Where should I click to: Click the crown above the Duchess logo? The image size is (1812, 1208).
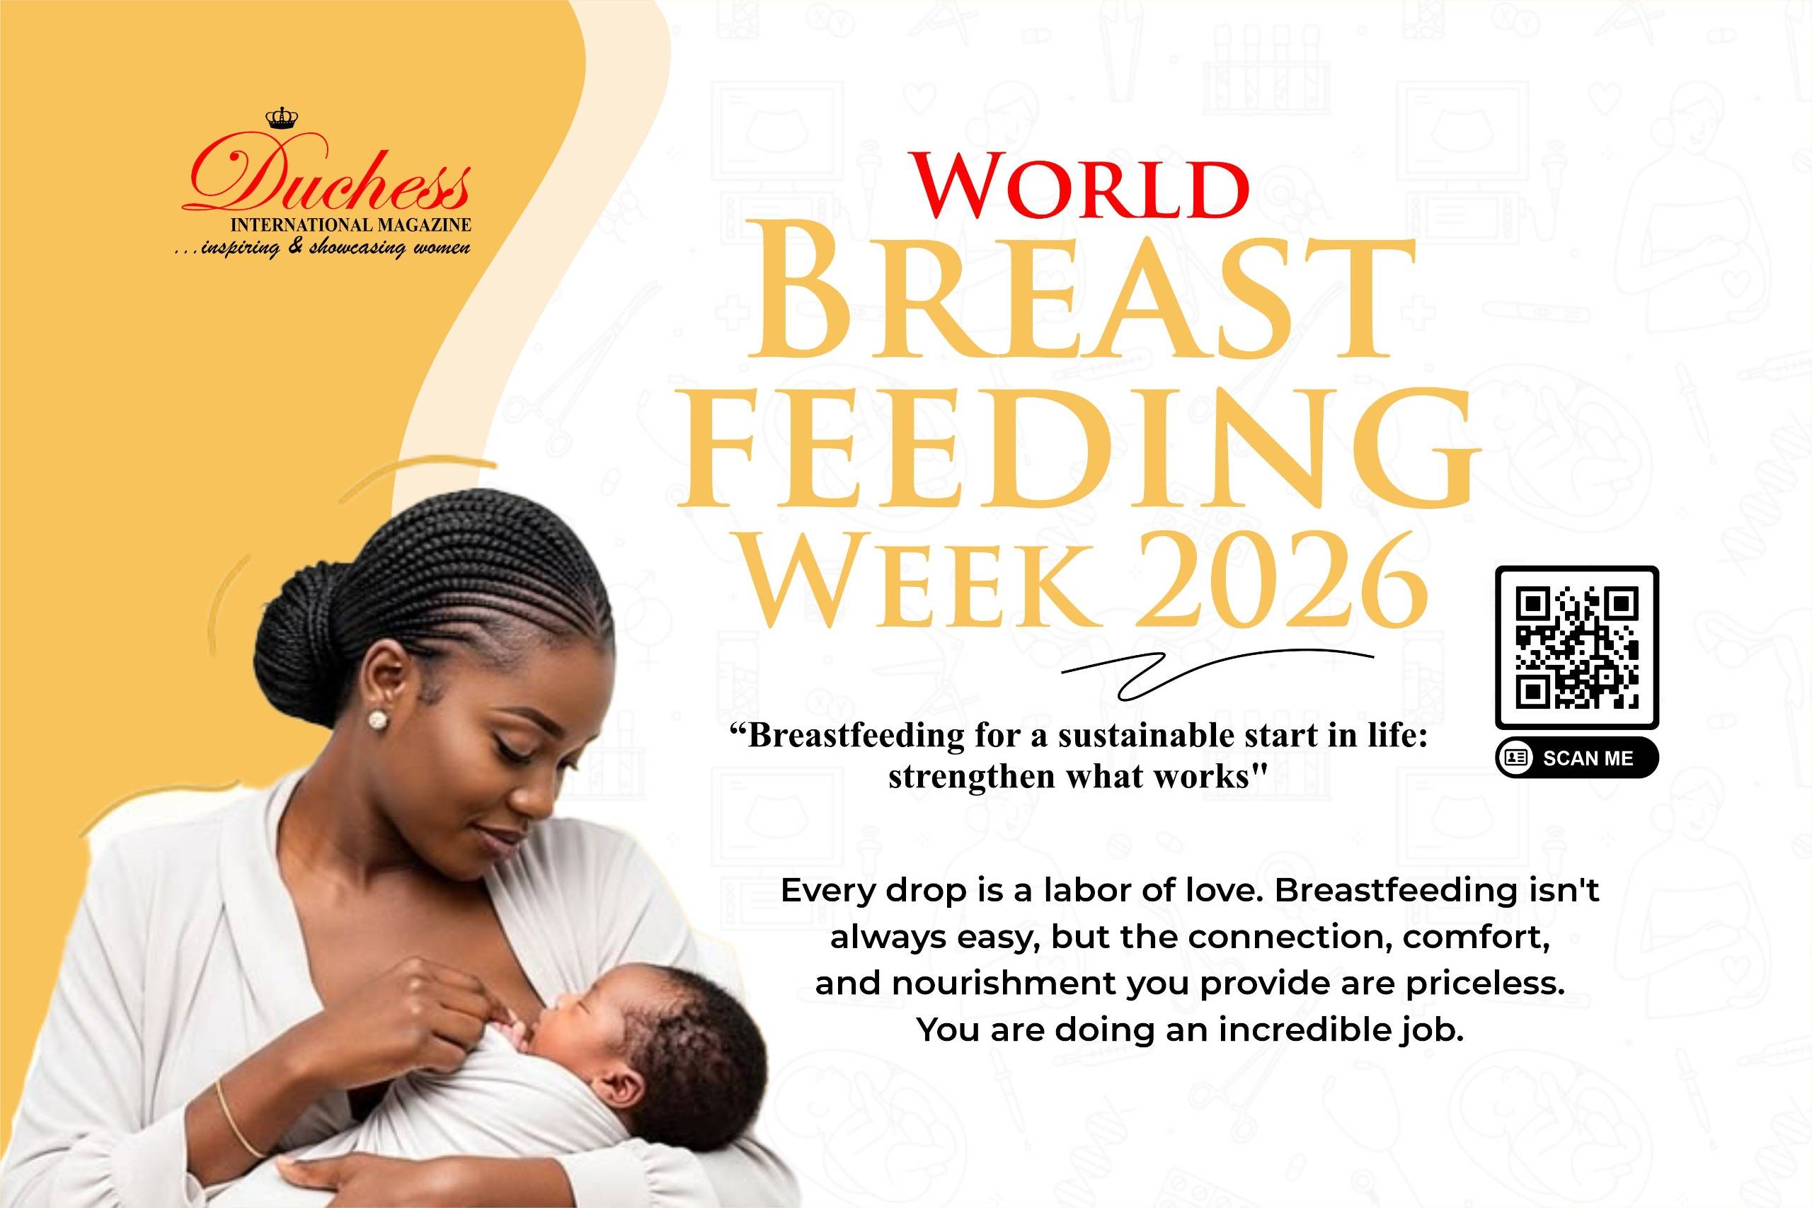tap(281, 118)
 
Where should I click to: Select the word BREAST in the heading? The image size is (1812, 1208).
tap(1082, 300)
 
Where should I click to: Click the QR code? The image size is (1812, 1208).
tap(1576, 648)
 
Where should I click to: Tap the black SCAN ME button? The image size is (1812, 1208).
tap(1576, 758)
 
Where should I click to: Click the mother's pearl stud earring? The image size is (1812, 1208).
tap(377, 719)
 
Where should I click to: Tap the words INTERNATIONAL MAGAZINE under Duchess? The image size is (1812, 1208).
tap(351, 225)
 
